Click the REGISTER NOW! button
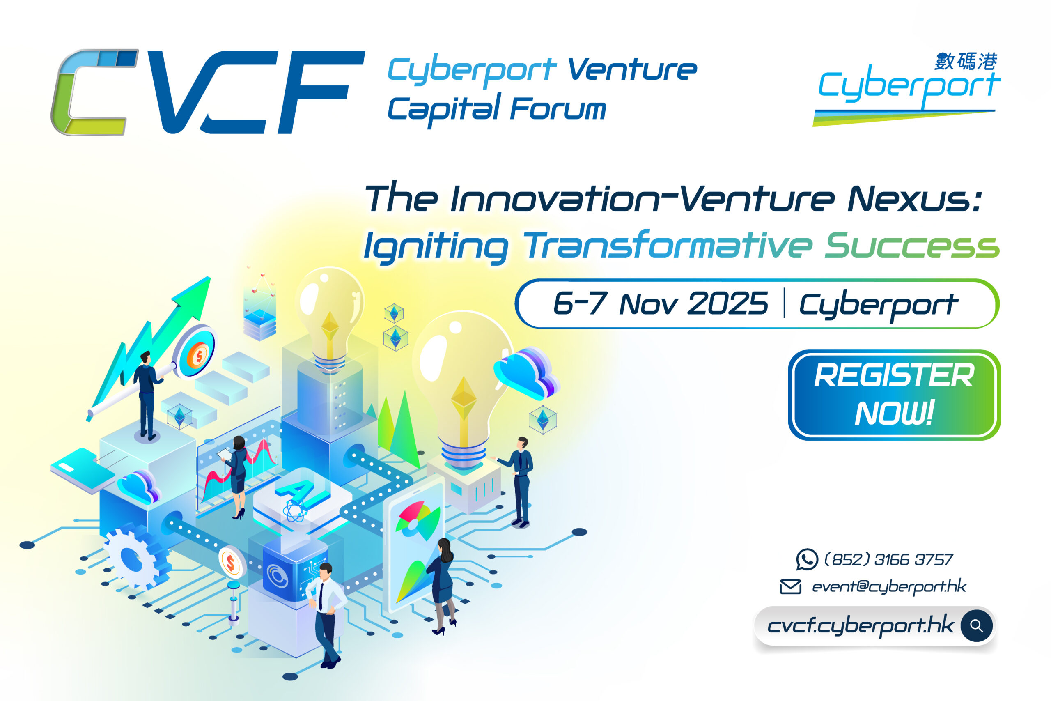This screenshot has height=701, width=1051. pos(894,395)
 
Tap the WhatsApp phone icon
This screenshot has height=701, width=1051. pos(807,559)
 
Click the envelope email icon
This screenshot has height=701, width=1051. pos(790,586)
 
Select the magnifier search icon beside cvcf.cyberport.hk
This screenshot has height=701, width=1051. pos(976,626)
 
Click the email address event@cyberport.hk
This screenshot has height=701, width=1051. pos(889,586)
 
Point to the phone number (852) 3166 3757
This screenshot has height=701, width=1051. pos(888,559)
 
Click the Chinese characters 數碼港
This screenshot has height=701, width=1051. pos(966,61)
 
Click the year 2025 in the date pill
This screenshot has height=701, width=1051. pos(727,303)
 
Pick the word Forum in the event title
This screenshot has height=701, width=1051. pos(558,109)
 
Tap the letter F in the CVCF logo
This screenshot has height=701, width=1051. pos(321,92)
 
